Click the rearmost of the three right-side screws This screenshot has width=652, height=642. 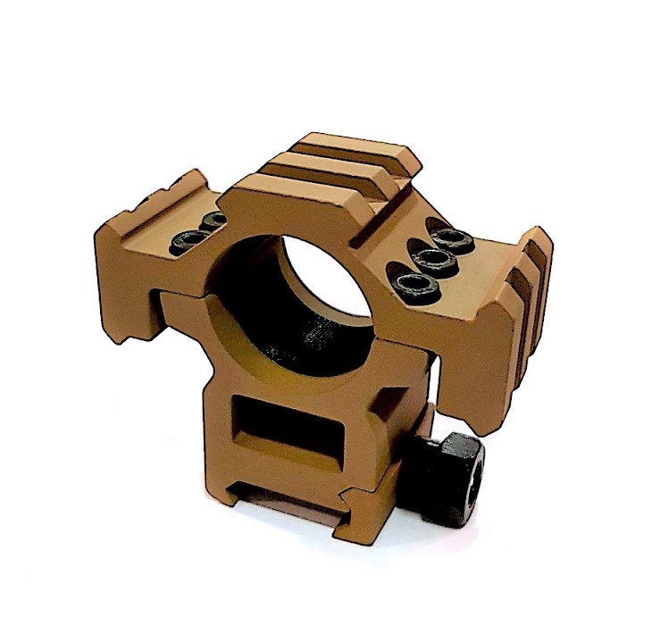(451, 238)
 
